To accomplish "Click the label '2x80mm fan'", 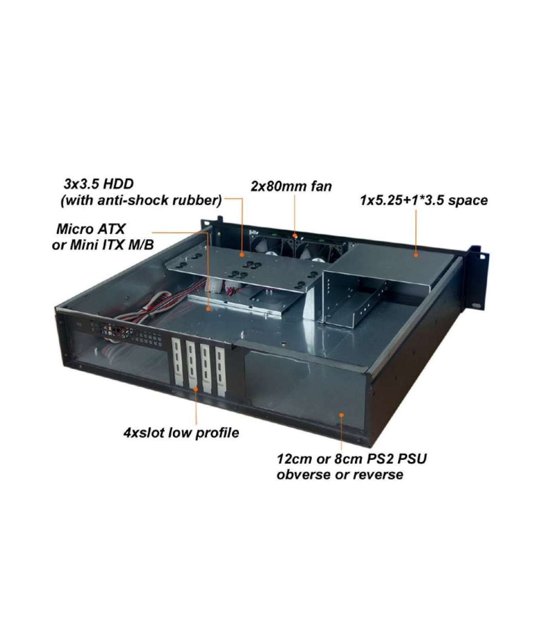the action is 291,186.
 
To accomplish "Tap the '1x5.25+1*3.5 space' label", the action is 424,201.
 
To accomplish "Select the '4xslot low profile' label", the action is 181,433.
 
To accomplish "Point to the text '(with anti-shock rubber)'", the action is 141,201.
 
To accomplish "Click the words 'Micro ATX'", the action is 91,229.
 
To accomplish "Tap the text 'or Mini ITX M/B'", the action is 103,245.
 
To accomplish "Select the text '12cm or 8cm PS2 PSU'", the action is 352,467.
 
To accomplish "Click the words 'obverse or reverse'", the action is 340,483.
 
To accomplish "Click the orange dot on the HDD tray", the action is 243,254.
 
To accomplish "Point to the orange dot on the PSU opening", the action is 342,415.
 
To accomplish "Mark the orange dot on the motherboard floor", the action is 209,309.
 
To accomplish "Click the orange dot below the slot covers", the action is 196,389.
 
